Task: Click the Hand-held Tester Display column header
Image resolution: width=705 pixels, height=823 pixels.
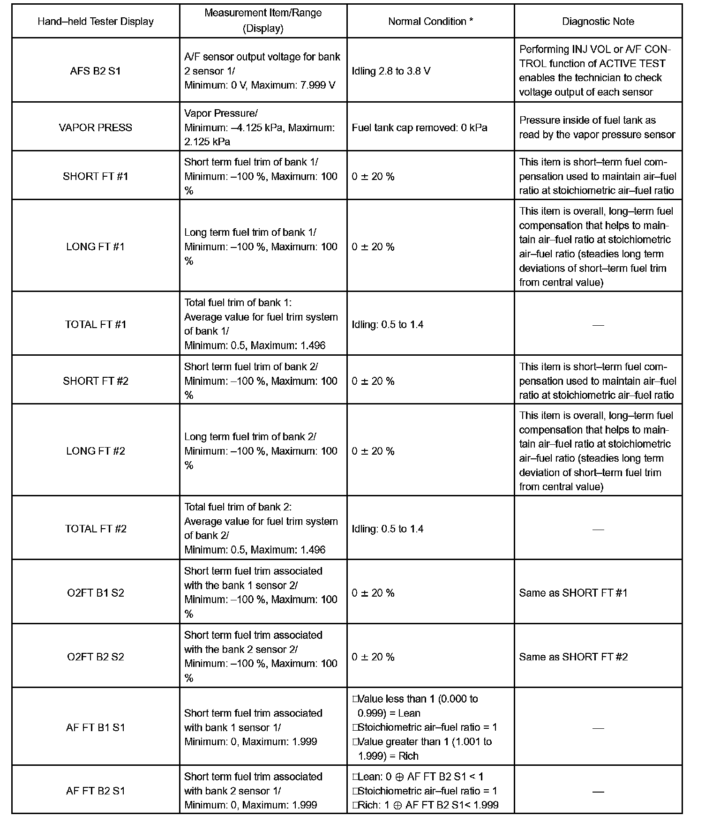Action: click(96, 22)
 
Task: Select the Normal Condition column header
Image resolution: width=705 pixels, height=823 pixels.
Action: click(430, 22)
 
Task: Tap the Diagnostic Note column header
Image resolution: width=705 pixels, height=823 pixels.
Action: click(598, 22)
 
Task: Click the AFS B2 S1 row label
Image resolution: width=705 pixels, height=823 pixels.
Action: click(96, 71)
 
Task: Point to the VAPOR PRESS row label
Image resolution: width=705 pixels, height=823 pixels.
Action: click(96, 127)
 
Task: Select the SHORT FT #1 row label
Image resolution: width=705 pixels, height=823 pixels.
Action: click(96, 176)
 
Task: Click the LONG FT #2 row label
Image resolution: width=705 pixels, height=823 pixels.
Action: click(96, 451)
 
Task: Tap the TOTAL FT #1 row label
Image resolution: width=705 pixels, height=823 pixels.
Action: click(96, 324)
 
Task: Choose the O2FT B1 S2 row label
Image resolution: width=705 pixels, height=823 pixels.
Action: click(96, 593)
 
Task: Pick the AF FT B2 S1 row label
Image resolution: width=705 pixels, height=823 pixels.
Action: click(96, 791)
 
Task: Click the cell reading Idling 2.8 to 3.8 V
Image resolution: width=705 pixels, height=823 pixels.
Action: click(391, 71)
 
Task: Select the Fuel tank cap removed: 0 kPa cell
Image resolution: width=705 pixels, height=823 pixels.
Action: click(419, 127)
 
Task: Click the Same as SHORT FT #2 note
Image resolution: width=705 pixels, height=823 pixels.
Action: click(573, 657)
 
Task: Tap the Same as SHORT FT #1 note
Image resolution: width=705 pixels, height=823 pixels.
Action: click(573, 593)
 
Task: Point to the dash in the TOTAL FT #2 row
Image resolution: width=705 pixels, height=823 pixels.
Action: click(598, 529)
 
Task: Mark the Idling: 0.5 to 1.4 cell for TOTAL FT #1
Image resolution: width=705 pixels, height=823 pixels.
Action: click(387, 324)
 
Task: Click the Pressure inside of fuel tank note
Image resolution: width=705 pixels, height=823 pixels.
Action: click(597, 127)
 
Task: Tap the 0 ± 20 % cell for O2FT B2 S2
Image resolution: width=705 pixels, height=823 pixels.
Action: click(373, 657)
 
